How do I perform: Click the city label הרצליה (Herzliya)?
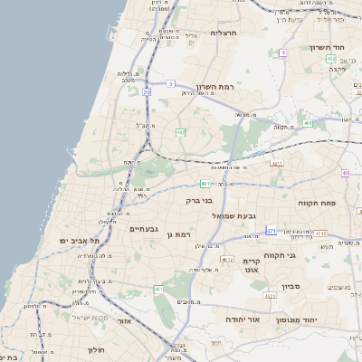click(x=223, y=33)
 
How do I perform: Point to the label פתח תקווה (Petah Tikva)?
click(x=318, y=204)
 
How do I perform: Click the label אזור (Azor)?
click(x=125, y=320)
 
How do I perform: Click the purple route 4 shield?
click(x=282, y=53)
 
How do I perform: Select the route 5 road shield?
click(x=169, y=84)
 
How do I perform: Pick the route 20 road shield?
click(x=147, y=91)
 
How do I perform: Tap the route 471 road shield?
click(x=271, y=232)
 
